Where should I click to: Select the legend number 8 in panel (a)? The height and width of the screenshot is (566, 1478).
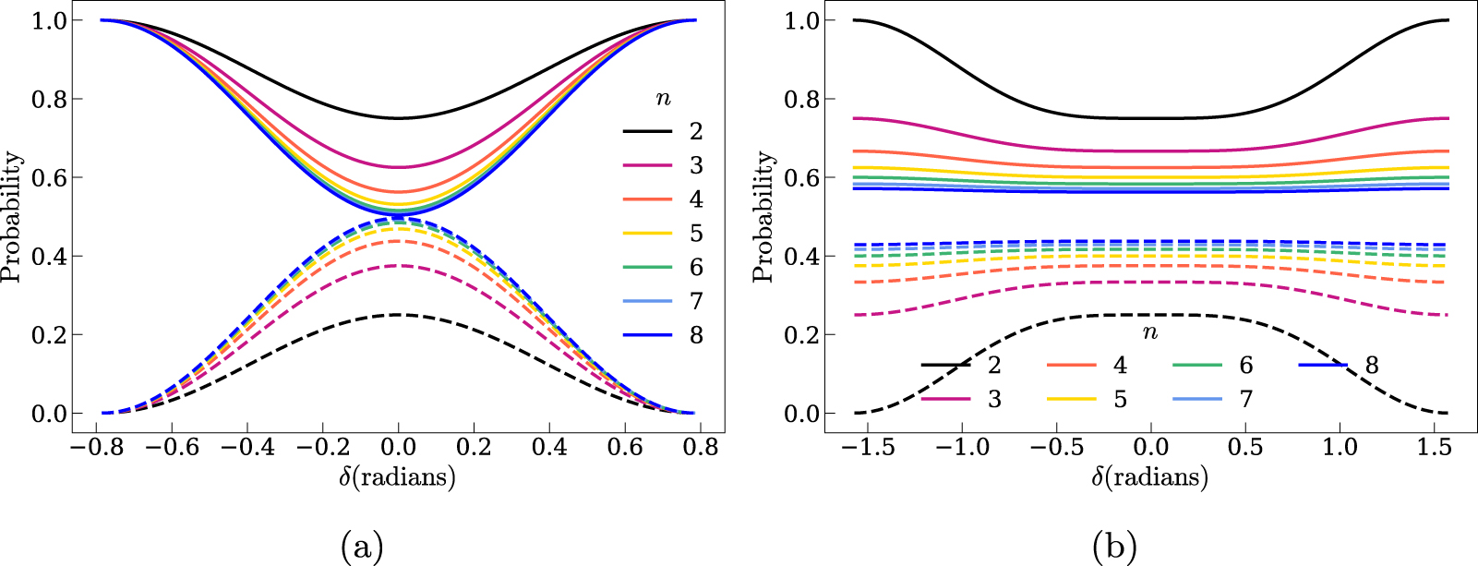coord(696,335)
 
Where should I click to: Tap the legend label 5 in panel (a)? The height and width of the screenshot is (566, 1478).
coord(696,234)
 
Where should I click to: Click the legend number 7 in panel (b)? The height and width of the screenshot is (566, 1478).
coord(1246,399)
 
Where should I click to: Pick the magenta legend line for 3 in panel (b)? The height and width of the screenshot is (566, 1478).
coord(945,399)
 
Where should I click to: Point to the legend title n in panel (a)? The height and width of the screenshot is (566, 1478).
coord(663,99)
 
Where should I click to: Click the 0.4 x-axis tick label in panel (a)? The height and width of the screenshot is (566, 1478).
coord(549,448)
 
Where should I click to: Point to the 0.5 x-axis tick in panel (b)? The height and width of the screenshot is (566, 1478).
coord(1245,448)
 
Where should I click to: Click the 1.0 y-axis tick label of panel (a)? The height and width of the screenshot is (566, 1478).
coord(50,20)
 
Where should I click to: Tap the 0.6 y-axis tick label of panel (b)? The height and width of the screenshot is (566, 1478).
coord(802,177)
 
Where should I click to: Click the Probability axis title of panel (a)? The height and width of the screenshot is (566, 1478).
coord(12,217)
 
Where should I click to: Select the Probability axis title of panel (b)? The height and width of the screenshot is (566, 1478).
coord(764,217)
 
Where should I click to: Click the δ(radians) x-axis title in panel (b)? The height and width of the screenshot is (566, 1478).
coord(1149,477)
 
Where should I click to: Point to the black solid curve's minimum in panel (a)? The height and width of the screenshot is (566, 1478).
coord(398,118)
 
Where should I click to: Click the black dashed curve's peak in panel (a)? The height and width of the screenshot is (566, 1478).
coord(398,315)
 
